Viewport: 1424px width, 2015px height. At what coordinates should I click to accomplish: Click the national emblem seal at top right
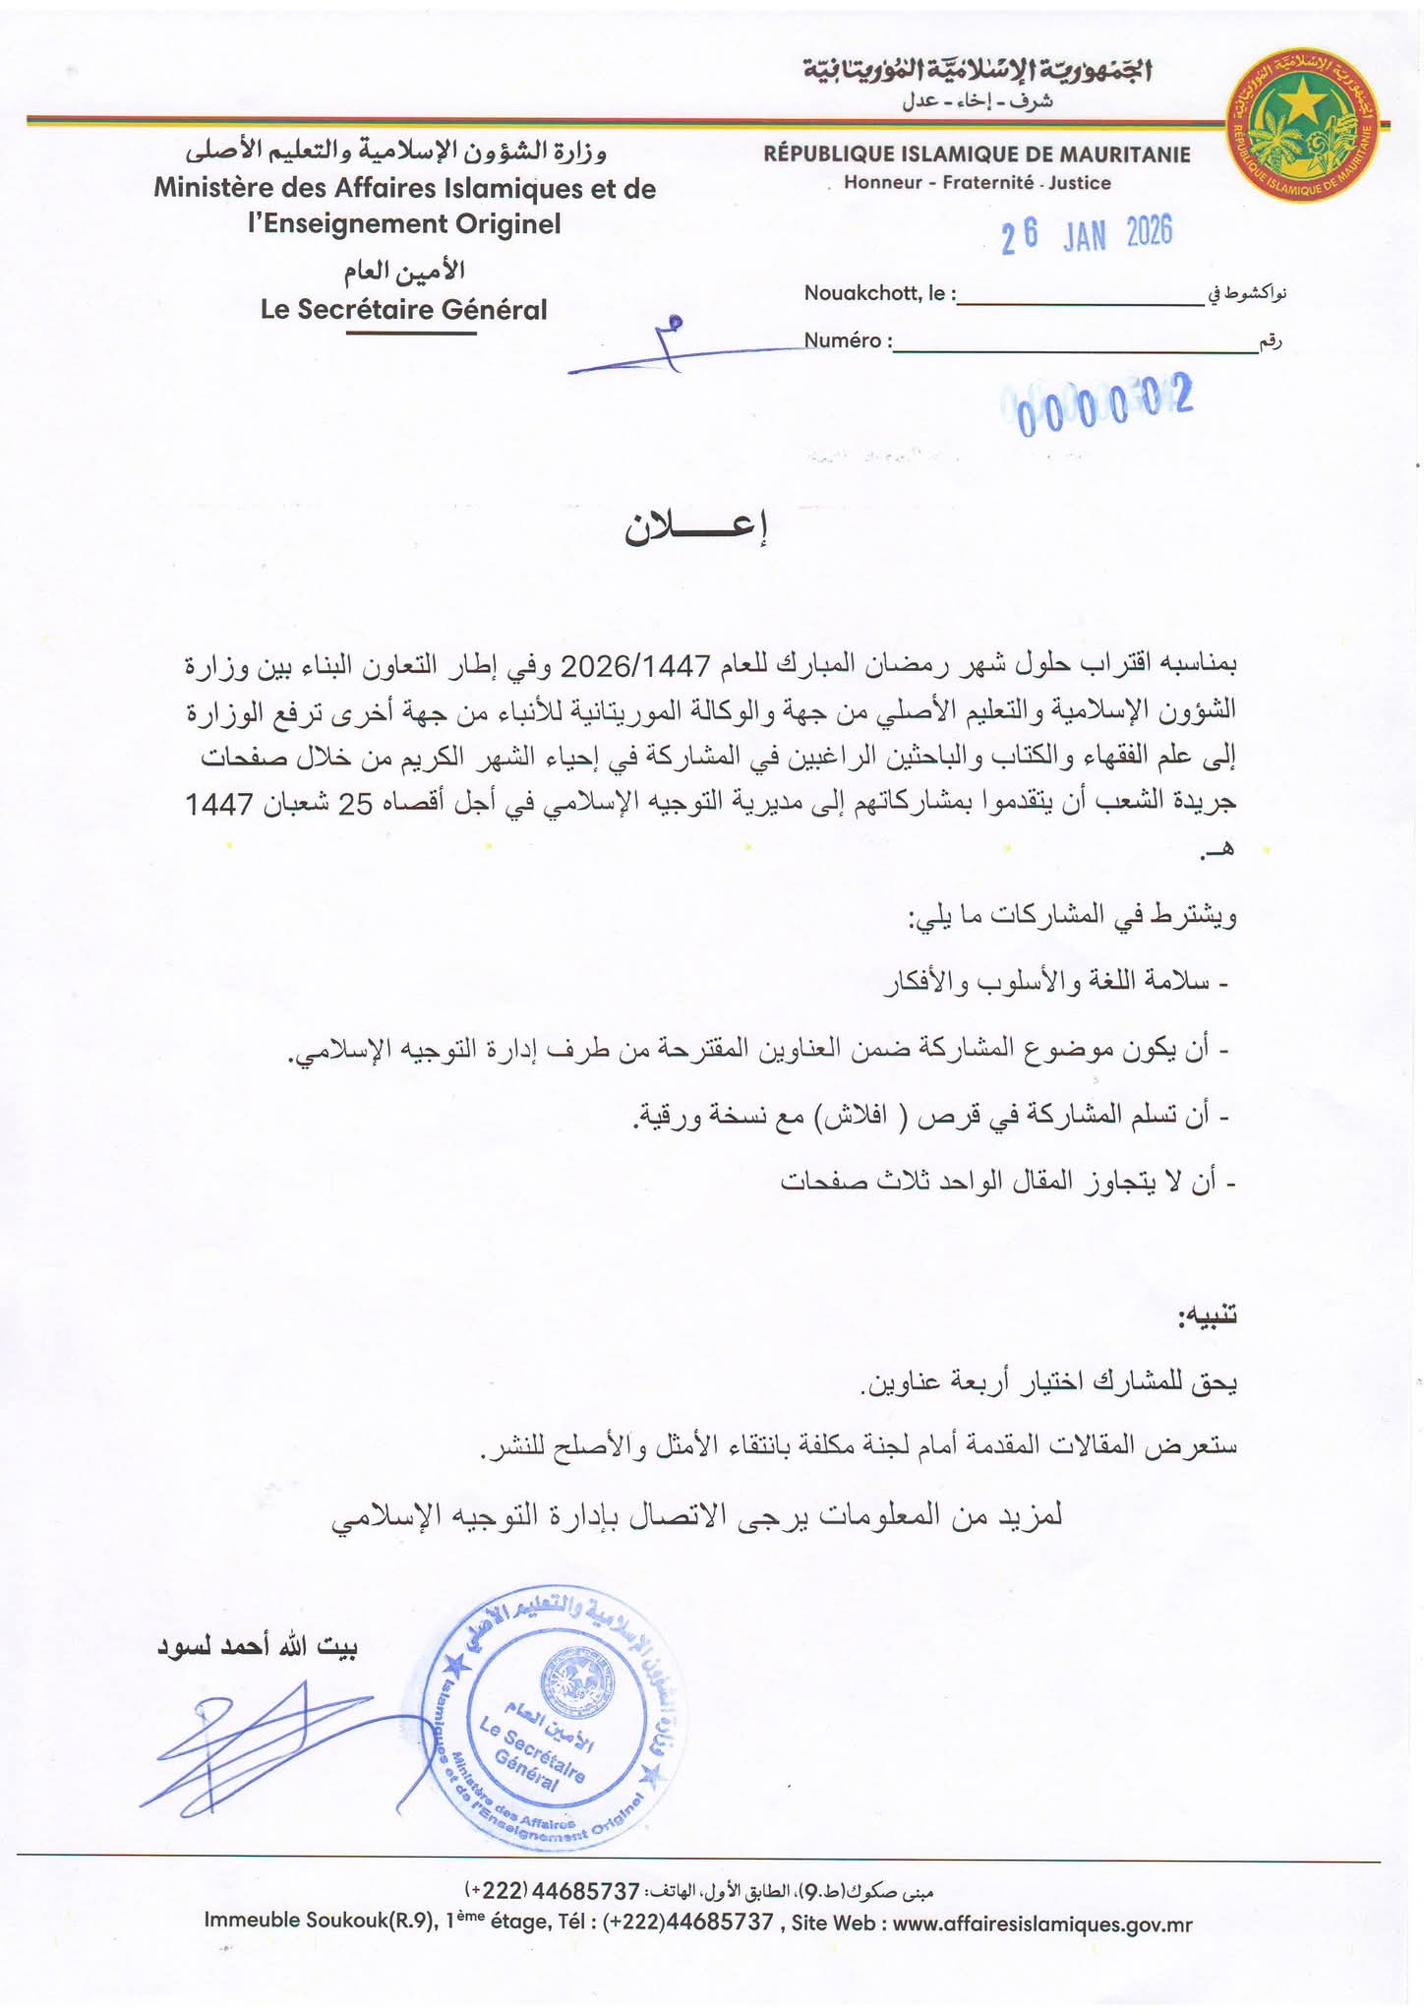click(x=1302, y=127)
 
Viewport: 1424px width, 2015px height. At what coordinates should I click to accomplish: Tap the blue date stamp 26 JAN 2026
click(x=1087, y=235)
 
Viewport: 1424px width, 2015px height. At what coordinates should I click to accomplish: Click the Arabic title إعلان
click(x=694, y=529)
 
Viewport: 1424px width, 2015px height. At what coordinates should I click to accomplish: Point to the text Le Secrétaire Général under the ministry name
click(x=403, y=310)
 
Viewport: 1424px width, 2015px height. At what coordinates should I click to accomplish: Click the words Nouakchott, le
click(x=879, y=293)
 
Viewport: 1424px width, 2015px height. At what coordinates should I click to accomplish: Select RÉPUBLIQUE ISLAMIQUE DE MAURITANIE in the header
click(x=977, y=154)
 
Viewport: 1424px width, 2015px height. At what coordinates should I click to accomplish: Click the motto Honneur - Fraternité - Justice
click(x=977, y=183)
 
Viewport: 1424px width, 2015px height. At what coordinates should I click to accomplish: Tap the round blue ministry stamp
click(x=551, y=1717)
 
